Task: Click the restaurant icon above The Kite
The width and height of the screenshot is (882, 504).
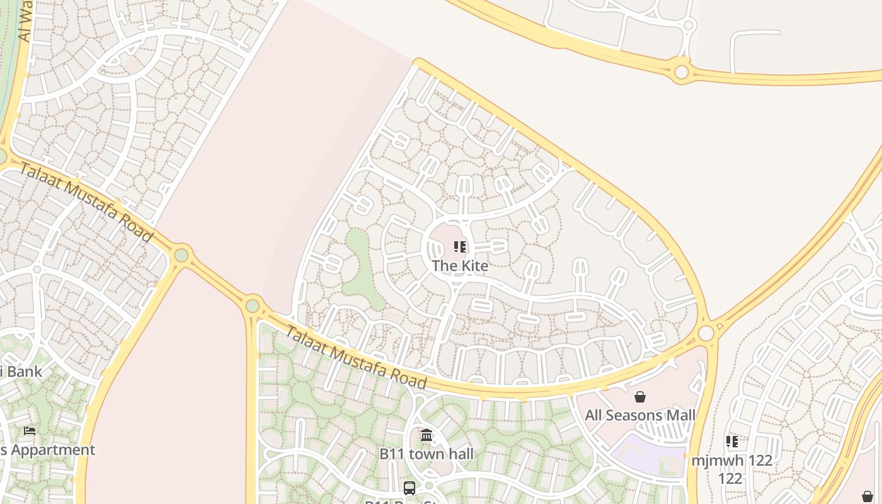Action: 460,247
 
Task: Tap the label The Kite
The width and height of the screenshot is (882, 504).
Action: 460,266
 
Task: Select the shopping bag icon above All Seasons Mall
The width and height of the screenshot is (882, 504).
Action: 640,397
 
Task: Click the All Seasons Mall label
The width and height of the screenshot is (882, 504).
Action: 640,415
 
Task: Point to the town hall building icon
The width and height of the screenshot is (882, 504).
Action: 427,435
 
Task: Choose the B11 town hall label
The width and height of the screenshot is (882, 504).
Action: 427,454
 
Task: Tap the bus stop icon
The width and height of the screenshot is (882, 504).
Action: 409,488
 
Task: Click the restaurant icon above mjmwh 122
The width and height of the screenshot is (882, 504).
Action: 731,441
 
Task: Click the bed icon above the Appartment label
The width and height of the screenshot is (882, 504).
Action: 30,431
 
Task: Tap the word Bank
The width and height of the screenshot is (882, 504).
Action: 25,371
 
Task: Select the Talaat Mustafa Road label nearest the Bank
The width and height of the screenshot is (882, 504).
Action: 86,202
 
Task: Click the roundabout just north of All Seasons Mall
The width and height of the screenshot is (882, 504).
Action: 706,332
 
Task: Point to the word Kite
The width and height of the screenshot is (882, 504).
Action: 474,266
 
